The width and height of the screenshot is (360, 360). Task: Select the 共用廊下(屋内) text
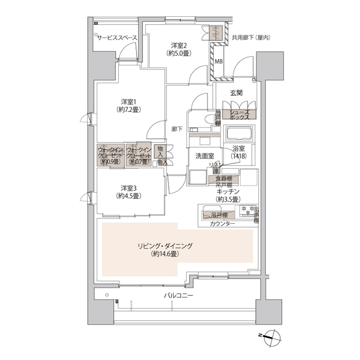pos(251,38)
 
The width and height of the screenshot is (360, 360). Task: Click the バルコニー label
pos(179,295)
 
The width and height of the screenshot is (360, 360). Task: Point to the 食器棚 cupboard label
pos(223,178)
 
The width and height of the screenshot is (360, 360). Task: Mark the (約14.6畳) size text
pos(165,254)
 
